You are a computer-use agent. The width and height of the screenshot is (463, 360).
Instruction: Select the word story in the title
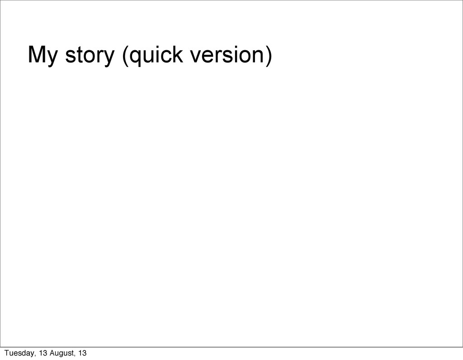pyautogui.click(x=90, y=56)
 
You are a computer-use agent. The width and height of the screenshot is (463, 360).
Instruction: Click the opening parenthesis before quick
pyautogui.click(x=125, y=56)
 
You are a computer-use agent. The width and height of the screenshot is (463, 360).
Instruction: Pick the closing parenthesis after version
pyautogui.click(x=269, y=56)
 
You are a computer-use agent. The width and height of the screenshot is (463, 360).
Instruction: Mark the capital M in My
pyautogui.click(x=37, y=54)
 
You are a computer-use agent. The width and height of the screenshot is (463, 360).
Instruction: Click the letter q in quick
pyautogui.click(x=136, y=58)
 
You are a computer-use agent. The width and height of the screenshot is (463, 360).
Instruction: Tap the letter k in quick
pyautogui.click(x=178, y=54)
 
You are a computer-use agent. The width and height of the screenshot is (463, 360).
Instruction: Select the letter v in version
pyautogui.click(x=196, y=57)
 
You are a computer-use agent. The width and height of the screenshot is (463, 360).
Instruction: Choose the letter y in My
pyautogui.click(x=52, y=58)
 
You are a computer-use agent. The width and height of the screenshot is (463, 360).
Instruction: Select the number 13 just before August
pyautogui.click(x=43, y=353)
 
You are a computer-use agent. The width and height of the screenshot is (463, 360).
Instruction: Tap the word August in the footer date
pyautogui.click(x=61, y=353)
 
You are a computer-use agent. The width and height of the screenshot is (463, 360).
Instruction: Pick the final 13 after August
pyautogui.click(x=83, y=353)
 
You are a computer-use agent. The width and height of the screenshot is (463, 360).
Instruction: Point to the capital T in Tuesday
pyautogui.click(x=7, y=353)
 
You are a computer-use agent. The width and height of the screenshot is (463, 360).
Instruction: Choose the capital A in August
pyautogui.click(x=52, y=353)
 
